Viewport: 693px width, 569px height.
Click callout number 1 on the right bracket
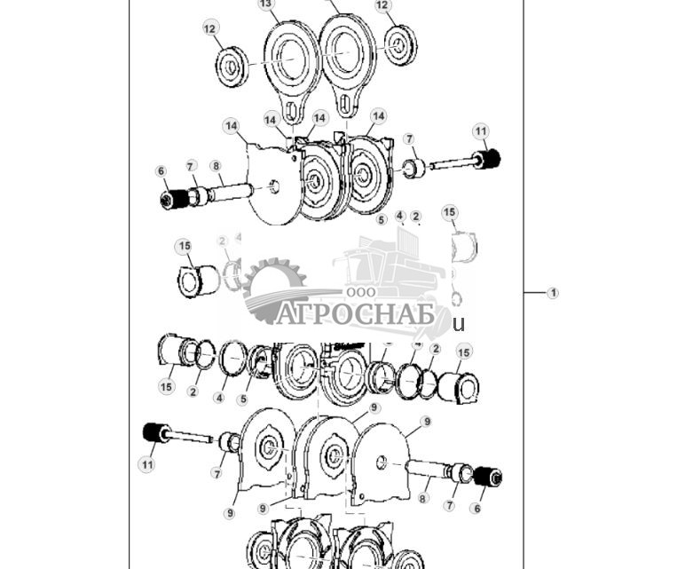tap(553, 293)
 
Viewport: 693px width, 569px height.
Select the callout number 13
tap(266, 4)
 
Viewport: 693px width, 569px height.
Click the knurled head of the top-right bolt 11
tap(488, 160)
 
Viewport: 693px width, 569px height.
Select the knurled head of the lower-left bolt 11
tap(157, 433)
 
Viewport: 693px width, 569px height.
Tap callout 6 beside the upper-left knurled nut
tap(161, 171)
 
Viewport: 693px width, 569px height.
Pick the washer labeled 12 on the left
tap(232, 67)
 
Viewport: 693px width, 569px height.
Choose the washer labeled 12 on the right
tap(399, 43)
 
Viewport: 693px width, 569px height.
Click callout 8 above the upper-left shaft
tap(216, 166)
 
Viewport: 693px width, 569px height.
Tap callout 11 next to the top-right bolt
tap(480, 132)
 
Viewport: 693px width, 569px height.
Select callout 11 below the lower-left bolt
tap(147, 463)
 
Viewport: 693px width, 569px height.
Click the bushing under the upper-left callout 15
tap(197, 281)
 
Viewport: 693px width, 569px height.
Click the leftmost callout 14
tap(232, 127)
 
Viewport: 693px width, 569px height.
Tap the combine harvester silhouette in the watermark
tap(390, 266)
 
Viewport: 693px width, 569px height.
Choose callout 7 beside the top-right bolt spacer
tap(409, 139)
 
